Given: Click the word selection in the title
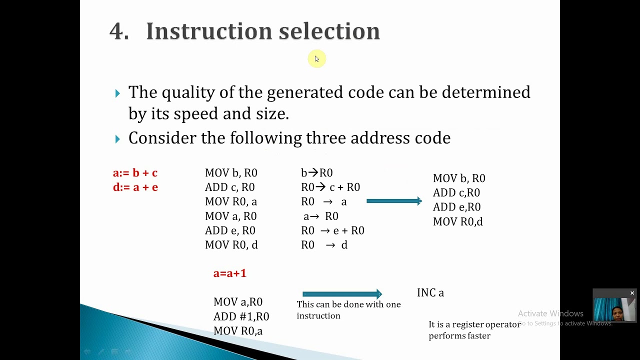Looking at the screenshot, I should [329, 31].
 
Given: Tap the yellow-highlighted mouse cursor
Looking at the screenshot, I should [316, 59].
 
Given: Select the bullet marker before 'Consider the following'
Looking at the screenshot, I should [117, 139].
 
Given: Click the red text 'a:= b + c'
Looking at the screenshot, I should [135, 173].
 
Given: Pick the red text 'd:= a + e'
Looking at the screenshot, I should [135, 187].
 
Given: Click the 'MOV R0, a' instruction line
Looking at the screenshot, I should [230, 201].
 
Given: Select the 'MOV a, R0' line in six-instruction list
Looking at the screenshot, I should [230, 216].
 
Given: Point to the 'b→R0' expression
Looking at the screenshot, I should [316, 173].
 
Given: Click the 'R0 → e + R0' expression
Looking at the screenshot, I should [332, 230].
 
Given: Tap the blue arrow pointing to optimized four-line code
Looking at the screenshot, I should [394, 201].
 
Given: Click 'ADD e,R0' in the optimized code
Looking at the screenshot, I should [456, 207].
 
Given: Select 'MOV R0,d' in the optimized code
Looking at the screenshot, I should [457, 221].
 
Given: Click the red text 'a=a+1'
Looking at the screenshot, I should [229, 273].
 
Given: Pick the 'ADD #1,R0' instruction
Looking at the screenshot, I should [241, 316].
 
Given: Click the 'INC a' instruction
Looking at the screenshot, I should [430, 293].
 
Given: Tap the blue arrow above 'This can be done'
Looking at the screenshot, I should [342, 294].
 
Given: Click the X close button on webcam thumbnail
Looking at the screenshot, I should [632, 293].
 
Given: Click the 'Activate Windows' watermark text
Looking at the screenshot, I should [550, 313].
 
